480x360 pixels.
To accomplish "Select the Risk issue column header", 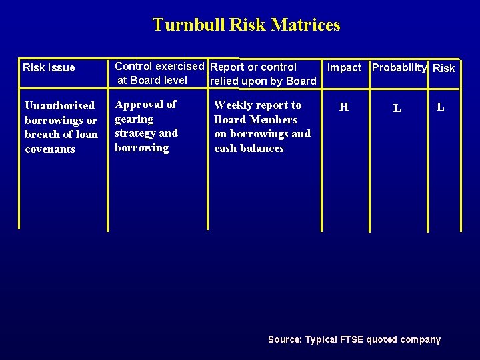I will pyautogui.click(x=49, y=67).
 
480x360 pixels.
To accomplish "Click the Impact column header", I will pyautogui.click(x=344, y=67).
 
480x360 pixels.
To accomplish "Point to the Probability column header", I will pyautogui.click(x=399, y=67).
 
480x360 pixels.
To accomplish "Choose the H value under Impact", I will pyautogui.click(x=344, y=107).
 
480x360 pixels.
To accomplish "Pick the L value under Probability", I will pyautogui.click(x=397, y=108).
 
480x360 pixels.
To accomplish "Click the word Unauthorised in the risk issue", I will pyautogui.click(x=59, y=106).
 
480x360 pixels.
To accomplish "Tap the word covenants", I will pyautogui.click(x=50, y=149).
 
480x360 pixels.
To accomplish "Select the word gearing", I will pyautogui.click(x=134, y=119).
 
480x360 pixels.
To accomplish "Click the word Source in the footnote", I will pyautogui.click(x=284, y=339).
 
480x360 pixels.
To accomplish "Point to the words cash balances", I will pyautogui.click(x=249, y=148).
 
